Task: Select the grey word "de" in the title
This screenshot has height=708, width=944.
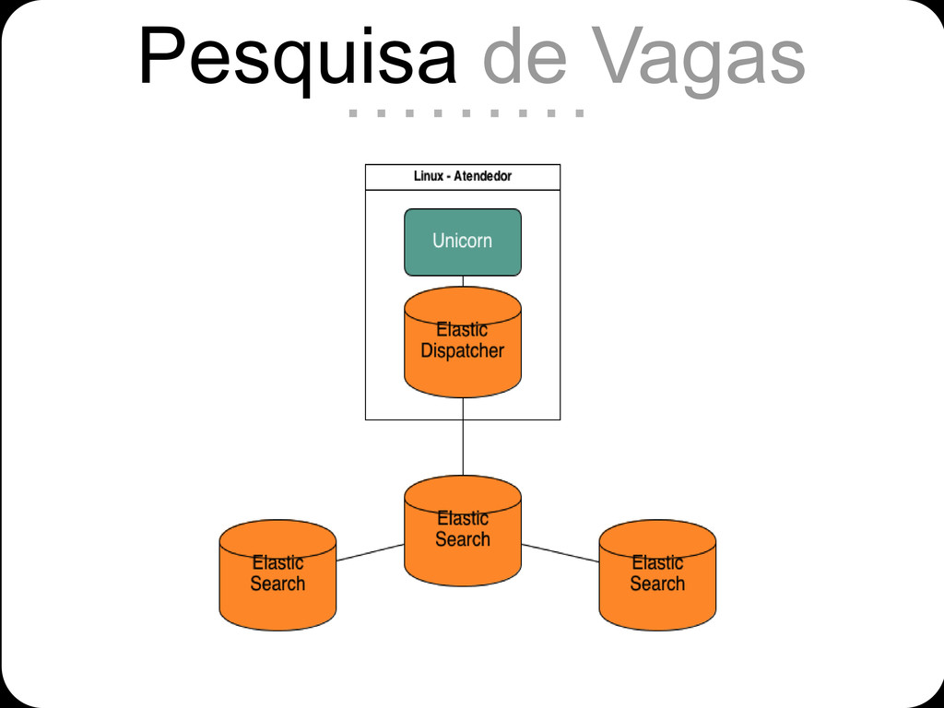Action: click(x=523, y=57)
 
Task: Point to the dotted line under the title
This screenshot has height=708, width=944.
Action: click(x=466, y=114)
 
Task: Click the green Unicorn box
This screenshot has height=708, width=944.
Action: click(x=463, y=242)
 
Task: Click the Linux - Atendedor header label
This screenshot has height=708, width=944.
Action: click(x=463, y=176)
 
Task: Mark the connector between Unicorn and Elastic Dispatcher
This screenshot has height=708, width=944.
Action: click(x=463, y=281)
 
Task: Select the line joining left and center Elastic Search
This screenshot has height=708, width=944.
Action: click(x=370, y=552)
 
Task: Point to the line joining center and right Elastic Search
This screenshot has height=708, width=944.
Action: click(x=560, y=553)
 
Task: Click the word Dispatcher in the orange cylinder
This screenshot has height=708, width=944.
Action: click(x=463, y=351)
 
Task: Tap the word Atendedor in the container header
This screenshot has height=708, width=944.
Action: click(x=482, y=176)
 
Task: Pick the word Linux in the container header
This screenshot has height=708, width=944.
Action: click(x=428, y=176)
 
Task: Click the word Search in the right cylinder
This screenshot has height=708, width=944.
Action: click(x=657, y=584)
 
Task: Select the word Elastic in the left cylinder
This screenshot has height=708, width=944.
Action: click(x=277, y=562)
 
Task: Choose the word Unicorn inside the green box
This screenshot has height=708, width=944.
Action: click(x=463, y=242)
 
